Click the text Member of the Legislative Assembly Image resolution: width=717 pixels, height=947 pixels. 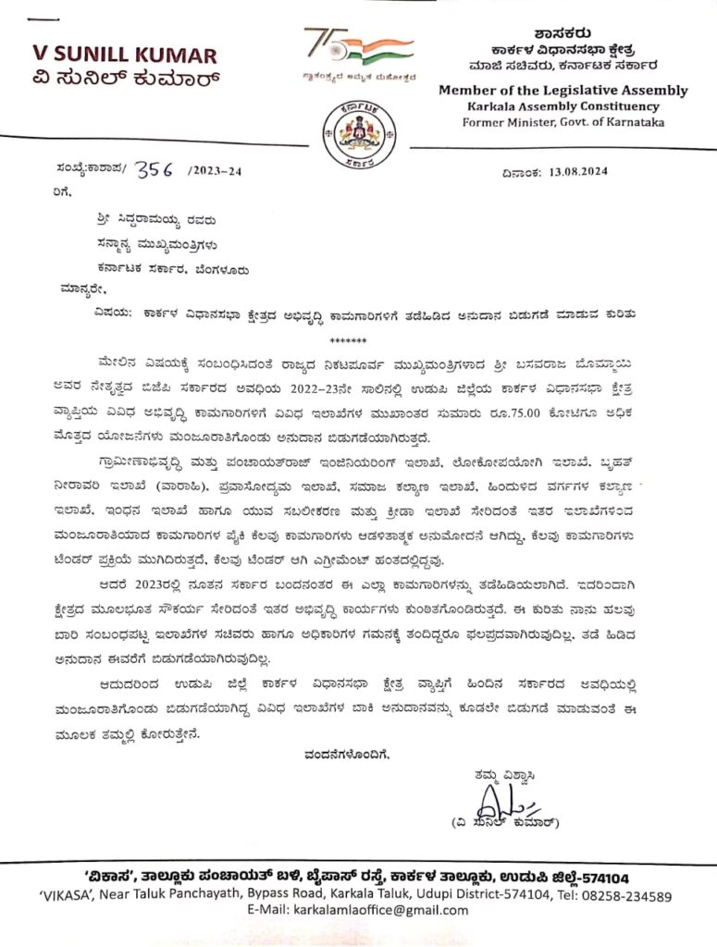[562, 91]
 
